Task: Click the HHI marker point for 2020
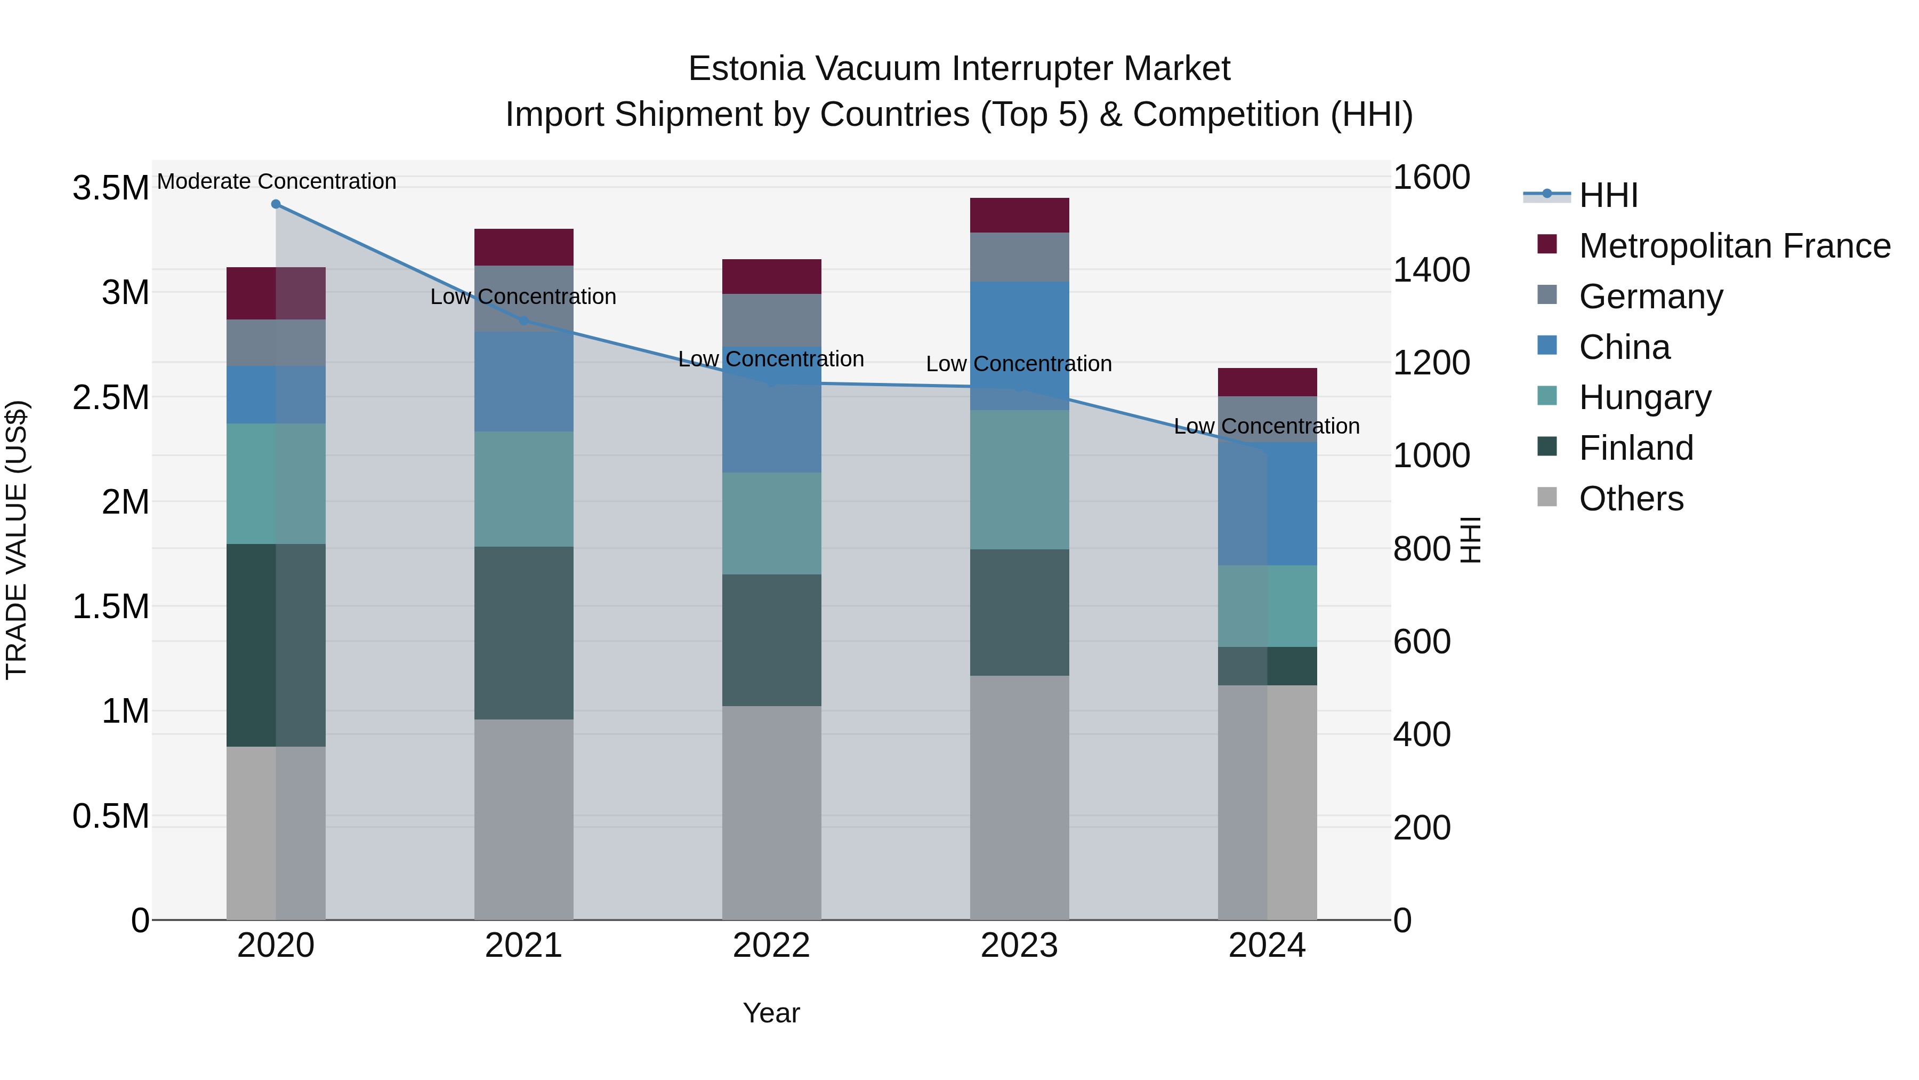[x=276, y=204]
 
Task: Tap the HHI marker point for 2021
[x=523, y=321]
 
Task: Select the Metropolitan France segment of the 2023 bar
[x=1019, y=215]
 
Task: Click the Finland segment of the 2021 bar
[x=523, y=633]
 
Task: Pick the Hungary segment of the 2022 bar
[x=772, y=523]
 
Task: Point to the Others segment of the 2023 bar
[x=1019, y=797]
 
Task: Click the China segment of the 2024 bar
[x=1267, y=504]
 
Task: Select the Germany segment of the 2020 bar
[x=276, y=343]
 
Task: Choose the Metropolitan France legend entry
[x=1733, y=246]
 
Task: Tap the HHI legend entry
[x=1608, y=195]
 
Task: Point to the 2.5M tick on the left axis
[x=110, y=397]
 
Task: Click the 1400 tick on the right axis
[x=1430, y=270]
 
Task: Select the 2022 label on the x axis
[x=772, y=946]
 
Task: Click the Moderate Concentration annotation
[x=276, y=181]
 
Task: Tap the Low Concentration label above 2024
[x=1267, y=426]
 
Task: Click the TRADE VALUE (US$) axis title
[x=17, y=540]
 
